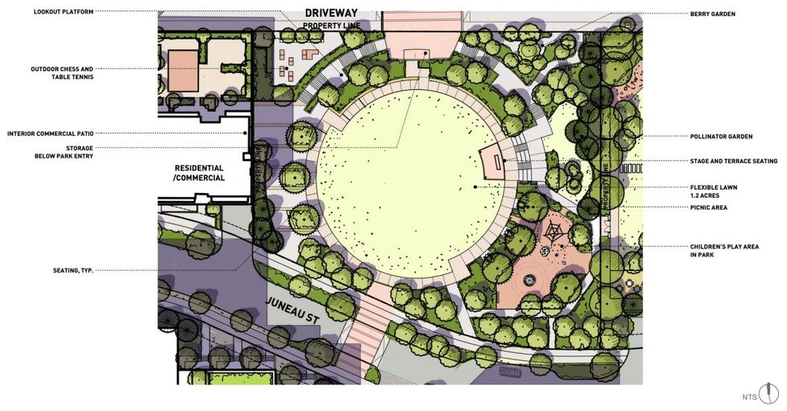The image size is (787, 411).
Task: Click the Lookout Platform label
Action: (63, 12)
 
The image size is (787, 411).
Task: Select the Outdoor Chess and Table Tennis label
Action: (62, 72)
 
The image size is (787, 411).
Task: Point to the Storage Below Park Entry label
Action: (69, 152)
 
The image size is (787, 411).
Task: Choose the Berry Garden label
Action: (712, 14)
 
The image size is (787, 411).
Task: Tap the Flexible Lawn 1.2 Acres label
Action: (713, 191)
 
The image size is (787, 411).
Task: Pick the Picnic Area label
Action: (708, 208)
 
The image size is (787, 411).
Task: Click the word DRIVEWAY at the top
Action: (331, 14)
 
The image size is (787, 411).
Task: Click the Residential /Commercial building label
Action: (200, 173)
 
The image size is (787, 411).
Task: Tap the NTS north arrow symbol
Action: (769, 393)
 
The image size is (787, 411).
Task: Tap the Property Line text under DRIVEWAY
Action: (331, 27)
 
